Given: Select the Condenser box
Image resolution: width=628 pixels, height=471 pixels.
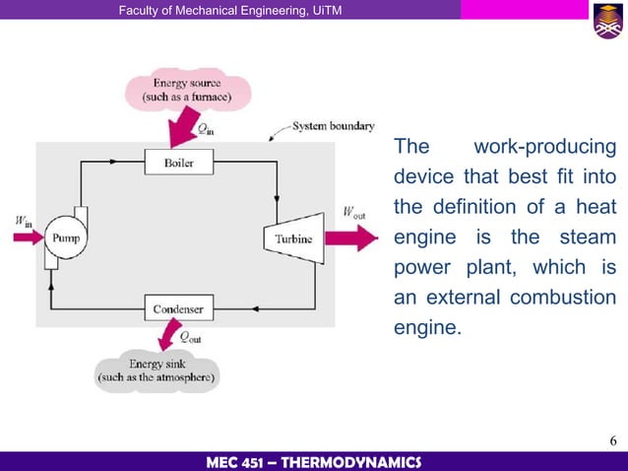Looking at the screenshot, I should click(178, 309).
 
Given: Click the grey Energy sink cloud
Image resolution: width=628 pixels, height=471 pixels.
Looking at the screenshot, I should click(157, 370).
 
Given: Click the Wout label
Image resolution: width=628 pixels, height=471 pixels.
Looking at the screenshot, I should click(354, 212).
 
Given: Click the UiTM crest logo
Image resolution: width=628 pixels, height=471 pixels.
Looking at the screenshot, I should click(606, 21).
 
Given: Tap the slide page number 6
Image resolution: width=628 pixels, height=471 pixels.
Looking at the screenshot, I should click(611, 438).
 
